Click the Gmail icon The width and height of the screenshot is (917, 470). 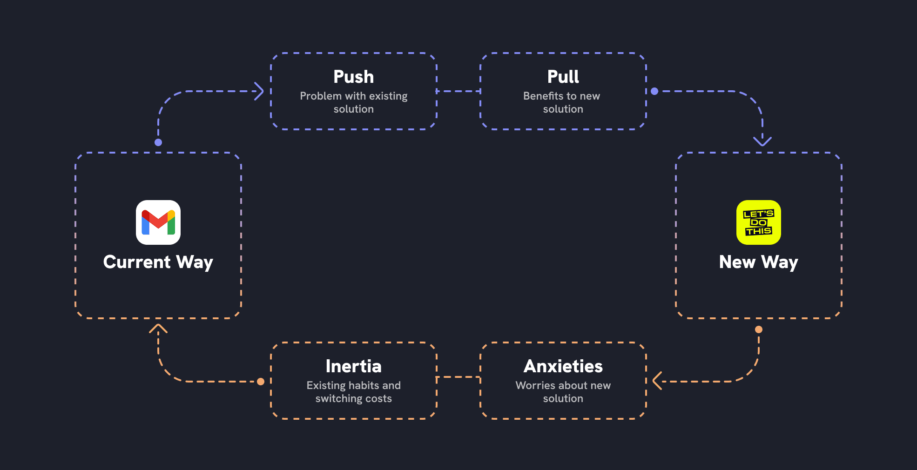[x=158, y=222]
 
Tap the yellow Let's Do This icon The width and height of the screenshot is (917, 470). [x=758, y=222]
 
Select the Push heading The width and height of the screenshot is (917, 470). [x=353, y=77]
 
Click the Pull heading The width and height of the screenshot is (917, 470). [x=563, y=77]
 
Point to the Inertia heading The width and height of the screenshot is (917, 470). [x=353, y=366]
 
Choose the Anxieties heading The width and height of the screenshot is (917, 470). [x=563, y=366]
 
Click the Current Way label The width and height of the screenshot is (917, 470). [x=158, y=262]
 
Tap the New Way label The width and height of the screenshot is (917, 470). [x=758, y=262]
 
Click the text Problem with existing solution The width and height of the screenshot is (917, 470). [x=353, y=102]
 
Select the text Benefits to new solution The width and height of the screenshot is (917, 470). [x=562, y=102]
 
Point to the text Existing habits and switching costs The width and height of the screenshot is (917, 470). [x=353, y=392]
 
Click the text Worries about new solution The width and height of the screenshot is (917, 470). [x=563, y=392]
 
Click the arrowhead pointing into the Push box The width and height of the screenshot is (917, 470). [x=260, y=91]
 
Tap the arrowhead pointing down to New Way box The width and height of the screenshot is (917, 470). [x=762, y=141]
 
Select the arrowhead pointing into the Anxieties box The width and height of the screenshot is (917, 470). [x=657, y=381]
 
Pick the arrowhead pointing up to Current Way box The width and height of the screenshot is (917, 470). [x=158, y=329]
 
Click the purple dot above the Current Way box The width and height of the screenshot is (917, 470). [x=158, y=142]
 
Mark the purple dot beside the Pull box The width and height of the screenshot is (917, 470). [x=654, y=91]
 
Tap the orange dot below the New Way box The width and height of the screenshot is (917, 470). [x=759, y=329]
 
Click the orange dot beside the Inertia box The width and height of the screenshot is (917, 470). [x=261, y=382]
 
